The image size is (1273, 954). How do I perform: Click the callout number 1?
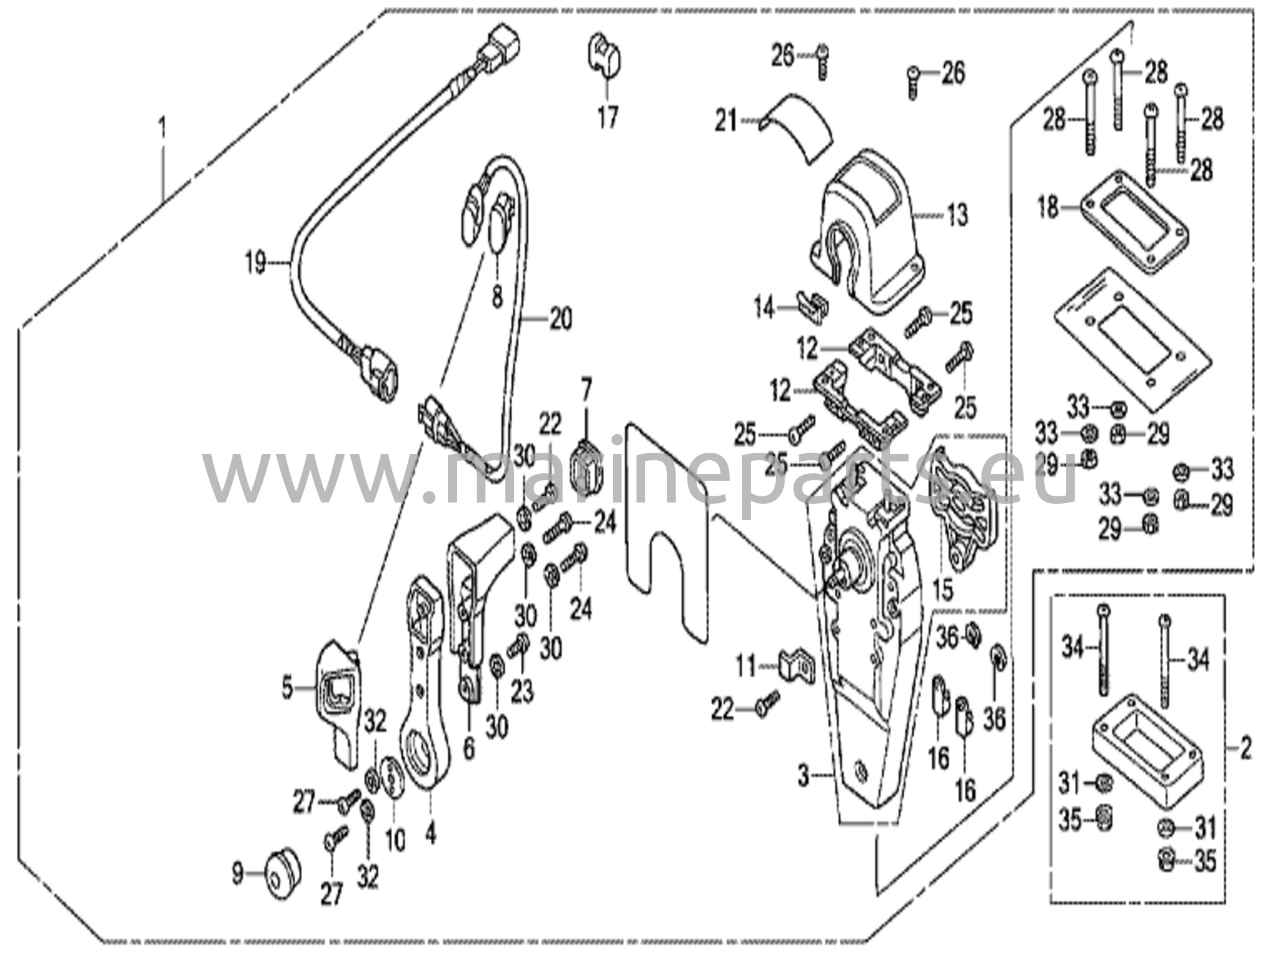click(163, 131)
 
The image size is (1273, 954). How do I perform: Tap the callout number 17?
click(607, 116)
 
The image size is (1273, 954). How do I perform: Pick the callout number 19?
click(255, 263)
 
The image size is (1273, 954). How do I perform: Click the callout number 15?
click(942, 590)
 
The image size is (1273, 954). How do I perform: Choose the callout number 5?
click(287, 688)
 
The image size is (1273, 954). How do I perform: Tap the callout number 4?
click(430, 834)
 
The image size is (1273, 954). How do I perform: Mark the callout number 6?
click(469, 749)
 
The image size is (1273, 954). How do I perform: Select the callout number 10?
click(395, 840)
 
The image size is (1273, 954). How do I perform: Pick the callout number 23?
click(523, 690)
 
